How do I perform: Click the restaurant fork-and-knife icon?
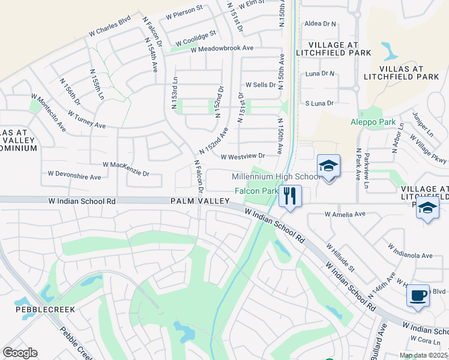click(x=290, y=196)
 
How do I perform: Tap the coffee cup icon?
click(x=418, y=296)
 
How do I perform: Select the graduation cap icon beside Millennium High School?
click(x=328, y=166)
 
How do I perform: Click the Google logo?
click(x=20, y=353)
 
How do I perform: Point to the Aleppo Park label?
click(x=373, y=122)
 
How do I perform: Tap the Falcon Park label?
click(x=255, y=191)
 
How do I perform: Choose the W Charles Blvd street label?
click(x=109, y=28)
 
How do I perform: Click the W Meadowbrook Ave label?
click(x=222, y=48)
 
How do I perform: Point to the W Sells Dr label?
click(x=260, y=85)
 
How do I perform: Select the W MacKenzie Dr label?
click(x=125, y=168)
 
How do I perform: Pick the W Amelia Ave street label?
click(x=345, y=214)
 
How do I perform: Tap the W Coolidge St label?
click(x=196, y=38)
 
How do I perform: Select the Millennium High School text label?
click(x=276, y=177)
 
